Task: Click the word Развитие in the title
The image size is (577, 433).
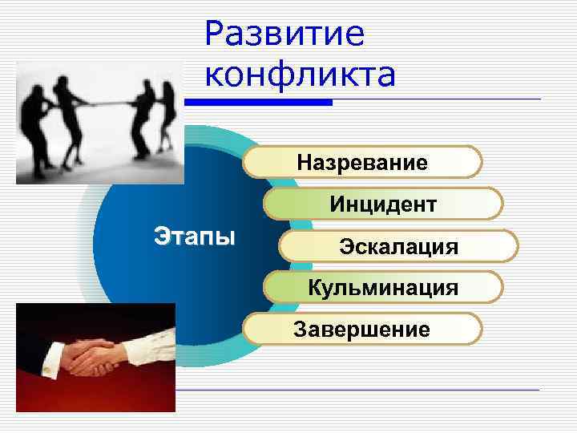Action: coord(284,34)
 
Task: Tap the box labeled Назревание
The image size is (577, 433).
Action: coord(362,163)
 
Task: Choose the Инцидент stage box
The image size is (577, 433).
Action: coord(383,204)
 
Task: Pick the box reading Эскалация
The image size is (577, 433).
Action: coord(398,245)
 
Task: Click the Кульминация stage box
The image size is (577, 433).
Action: coord(383,287)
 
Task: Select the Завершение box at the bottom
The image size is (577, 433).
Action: coord(362,329)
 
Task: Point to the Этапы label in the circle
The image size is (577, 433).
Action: coord(194,237)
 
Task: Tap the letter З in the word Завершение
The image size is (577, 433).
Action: coord(301,329)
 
